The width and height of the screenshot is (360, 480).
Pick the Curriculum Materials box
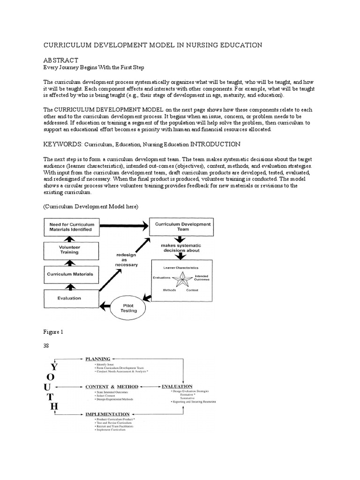click(x=71, y=274)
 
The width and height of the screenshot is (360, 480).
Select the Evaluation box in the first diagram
click(x=69, y=297)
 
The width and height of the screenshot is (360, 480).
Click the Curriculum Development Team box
click(x=180, y=227)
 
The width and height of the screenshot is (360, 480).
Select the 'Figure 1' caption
click(x=53, y=331)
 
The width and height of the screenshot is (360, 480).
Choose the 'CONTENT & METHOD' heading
click(x=112, y=387)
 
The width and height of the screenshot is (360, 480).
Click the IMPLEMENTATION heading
click(x=107, y=414)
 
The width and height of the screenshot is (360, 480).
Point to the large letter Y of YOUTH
click(x=53, y=366)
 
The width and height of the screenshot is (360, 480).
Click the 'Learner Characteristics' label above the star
click(x=180, y=267)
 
